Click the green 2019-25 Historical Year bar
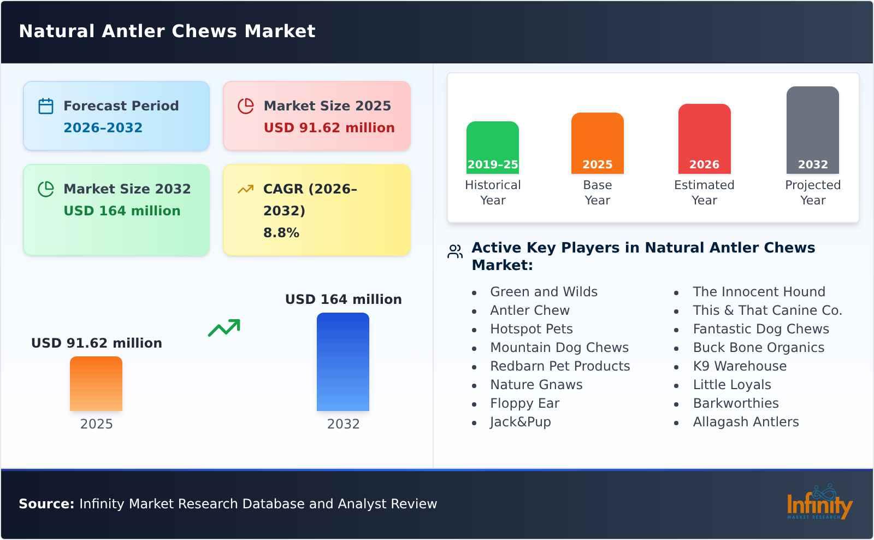(492, 148)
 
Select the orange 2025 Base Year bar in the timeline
(597, 143)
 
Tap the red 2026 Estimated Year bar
(704, 139)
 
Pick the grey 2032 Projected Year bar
(812, 130)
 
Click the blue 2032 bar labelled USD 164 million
(343, 362)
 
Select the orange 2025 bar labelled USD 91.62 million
(96, 384)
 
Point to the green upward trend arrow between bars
(224, 328)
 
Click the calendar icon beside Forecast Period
(46, 106)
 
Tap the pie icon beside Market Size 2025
(246, 106)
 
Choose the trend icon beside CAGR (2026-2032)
(245, 189)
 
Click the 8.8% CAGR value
(281, 233)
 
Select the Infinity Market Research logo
(819, 503)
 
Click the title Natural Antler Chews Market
(167, 31)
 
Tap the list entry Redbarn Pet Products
(560, 366)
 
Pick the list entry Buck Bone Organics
(758, 348)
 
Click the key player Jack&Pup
(520, 422)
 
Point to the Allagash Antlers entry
(746, 422)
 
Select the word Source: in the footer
(46, 504)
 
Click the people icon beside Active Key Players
(455, 251)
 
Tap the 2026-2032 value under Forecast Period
(103, 128)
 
